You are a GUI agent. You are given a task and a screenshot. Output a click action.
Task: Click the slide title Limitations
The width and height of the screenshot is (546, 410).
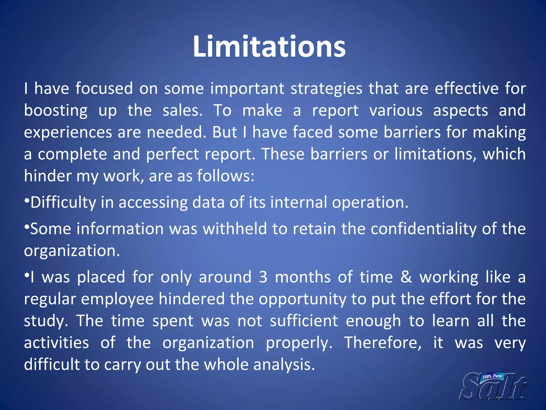point(269,47)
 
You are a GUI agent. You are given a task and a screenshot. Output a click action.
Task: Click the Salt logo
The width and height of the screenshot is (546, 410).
point(493,386)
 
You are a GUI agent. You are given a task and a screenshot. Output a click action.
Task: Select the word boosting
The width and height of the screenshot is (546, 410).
point(56,111)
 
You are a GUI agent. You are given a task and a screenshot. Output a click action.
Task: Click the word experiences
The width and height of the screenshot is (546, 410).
point(68,133)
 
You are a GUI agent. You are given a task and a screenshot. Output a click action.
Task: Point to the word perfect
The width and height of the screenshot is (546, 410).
point(172,154)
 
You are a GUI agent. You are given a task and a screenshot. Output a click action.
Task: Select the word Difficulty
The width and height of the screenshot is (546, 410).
point(63,202)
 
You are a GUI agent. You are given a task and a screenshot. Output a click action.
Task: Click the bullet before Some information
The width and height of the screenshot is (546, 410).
point(26,227)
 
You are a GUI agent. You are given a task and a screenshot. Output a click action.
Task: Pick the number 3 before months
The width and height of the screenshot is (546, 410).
point(263,277)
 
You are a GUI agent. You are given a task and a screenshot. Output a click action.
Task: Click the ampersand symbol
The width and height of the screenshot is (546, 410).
point(406,277)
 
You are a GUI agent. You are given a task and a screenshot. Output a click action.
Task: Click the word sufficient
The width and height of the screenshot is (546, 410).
point(304,321)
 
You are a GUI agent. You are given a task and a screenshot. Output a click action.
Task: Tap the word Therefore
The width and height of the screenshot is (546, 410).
point(383,343)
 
